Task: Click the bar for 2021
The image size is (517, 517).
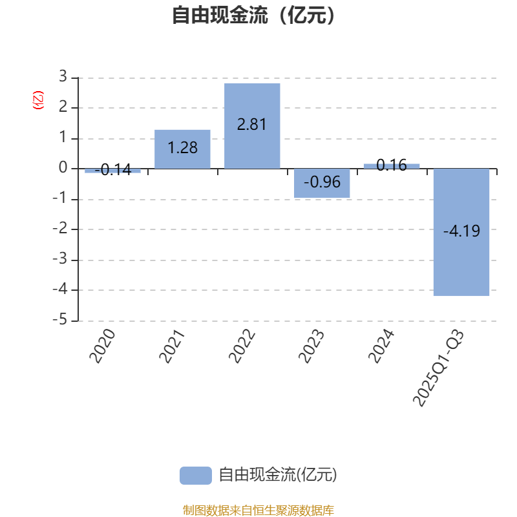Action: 182,149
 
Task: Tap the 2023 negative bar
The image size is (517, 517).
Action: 322,183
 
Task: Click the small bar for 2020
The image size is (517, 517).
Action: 112,171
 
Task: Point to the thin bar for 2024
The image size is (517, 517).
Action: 391,166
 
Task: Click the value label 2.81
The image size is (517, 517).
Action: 252,125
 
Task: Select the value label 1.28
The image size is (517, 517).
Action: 182,148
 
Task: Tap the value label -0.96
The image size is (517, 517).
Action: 322,182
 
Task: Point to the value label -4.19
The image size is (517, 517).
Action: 461,231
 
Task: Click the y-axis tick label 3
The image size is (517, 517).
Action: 63,77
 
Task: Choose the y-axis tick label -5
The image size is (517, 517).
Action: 60,321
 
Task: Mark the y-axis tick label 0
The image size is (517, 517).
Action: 63,168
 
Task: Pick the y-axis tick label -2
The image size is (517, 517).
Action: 60,229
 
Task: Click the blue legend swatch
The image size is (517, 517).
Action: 195,476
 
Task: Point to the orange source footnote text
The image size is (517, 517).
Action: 258,511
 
